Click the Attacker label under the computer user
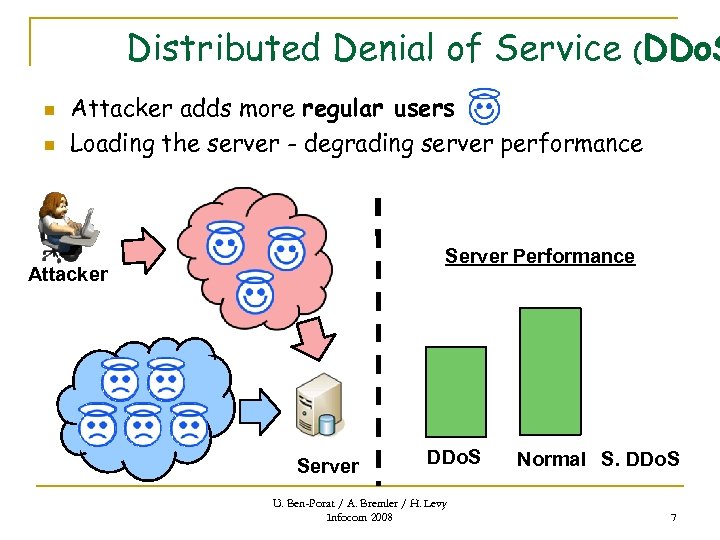pyautogui.click(x=68, y=274)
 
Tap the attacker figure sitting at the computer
pyautogui.click(x=66, y=225)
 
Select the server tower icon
pyautogui.click(x=318, y=406)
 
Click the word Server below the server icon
pyautogui.click(x=327, y=466)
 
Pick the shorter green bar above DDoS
pyautogui.click(x=456, y=391)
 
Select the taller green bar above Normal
pyautogui.click(x=550, y=371)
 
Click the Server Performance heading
pyautogui.click(x=539, y=256)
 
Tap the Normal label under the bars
pyautogui.click(x=551, y=459)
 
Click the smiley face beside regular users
pyautogui.click(x=484, y=106)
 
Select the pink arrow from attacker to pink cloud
pyautogui.click(x=146, y=249)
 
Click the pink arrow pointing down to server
pyautogui.click(x=321, y=338)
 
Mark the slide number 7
pyautogui.click(x=673, y=517)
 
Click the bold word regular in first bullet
pyautogui.click(x=343, y=108)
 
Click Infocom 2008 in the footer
pyautogui.click(x=359, y=517)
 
